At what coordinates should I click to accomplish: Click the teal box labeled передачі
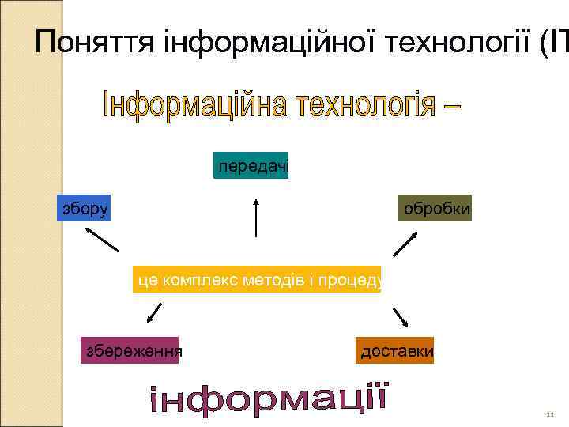(251, 165)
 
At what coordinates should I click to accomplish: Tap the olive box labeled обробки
(435, 208)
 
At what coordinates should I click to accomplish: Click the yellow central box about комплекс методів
(258, 278)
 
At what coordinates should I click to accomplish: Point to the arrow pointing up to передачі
(256, 217)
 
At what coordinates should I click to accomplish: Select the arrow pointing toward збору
(102, 239)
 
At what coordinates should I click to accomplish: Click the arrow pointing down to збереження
(154, 315)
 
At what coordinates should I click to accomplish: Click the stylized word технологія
(364, 104)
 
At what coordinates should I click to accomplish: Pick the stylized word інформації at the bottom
(269, 399)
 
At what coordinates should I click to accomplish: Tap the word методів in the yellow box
(279, 278)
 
